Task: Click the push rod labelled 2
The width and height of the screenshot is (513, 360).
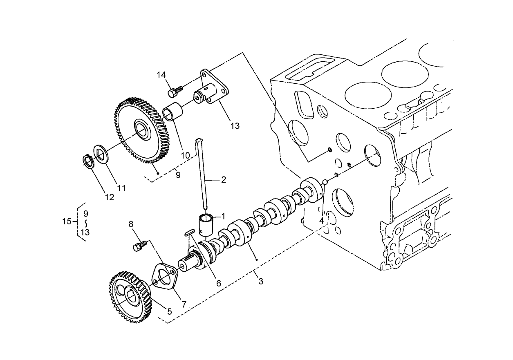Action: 203,172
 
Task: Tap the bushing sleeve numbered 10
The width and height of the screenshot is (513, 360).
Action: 172,113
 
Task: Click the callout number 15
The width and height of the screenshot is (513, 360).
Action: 67,221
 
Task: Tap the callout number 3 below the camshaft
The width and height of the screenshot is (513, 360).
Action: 261,281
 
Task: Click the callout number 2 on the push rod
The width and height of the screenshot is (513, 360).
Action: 224,179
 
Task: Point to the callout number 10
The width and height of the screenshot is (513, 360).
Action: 186,155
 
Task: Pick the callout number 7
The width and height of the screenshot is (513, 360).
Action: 184,304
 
